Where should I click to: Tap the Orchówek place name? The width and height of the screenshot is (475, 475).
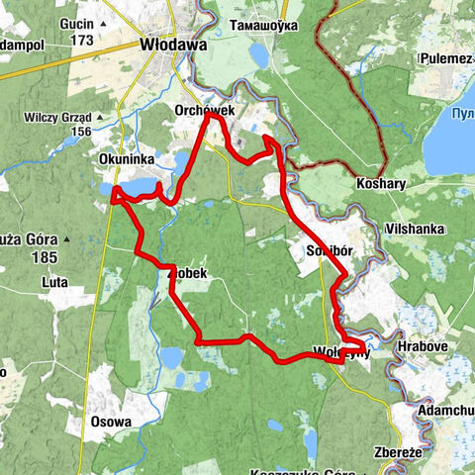pyautogui.click(x=203, y=111)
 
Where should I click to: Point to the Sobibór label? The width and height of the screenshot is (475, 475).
pyautogui.click(x=330, y=250)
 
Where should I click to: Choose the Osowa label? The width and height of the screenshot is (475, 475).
pyautogui.click(x=111, y=422)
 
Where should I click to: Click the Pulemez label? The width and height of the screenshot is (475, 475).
pyautogui.click(x=444, y=58)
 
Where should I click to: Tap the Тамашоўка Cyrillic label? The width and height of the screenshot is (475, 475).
pyautogui.click(x=261, y=25)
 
